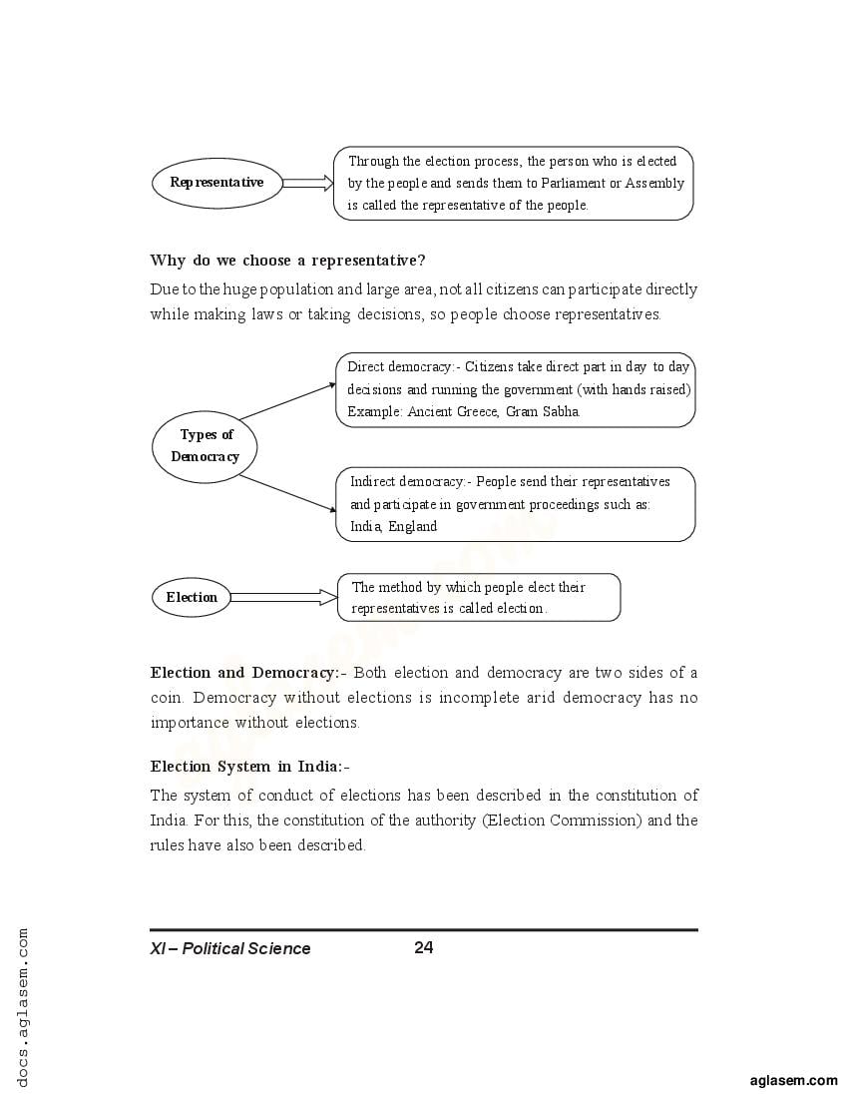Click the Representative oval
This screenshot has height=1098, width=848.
click(x=216, y=183)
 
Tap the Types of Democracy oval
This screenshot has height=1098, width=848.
click(x=205, y=446)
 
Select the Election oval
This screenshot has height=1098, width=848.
click(x=192, y=598)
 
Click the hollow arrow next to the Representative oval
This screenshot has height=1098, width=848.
click(x=306, y=183)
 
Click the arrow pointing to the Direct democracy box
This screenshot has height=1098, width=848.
click(x=287, y=401)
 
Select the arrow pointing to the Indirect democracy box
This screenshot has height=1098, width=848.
click(x=287, y=493)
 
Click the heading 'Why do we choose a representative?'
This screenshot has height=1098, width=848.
click(x=287, y=261)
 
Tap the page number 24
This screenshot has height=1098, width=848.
click(x=423, y=947)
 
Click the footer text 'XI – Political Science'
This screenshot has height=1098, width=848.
click(x=230, y=948)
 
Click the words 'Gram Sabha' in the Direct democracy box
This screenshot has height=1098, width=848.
click(x=543, y=411)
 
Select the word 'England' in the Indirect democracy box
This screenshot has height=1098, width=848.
click(x=413, y=526)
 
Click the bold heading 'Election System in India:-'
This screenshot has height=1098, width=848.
click(x=250, y=767)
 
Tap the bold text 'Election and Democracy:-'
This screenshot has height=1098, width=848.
click(x=247, y=673)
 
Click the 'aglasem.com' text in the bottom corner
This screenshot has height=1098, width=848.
click(x=793, y=1080)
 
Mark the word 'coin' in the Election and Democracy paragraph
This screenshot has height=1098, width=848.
click(x=166, y=698)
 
